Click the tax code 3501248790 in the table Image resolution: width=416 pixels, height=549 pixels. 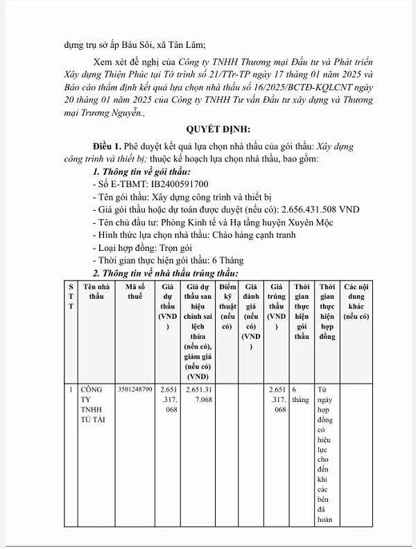pyautogui.click(x=136, y=390)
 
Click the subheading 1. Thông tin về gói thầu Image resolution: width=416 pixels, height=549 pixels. pyautogui.click(x=141, y=171)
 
